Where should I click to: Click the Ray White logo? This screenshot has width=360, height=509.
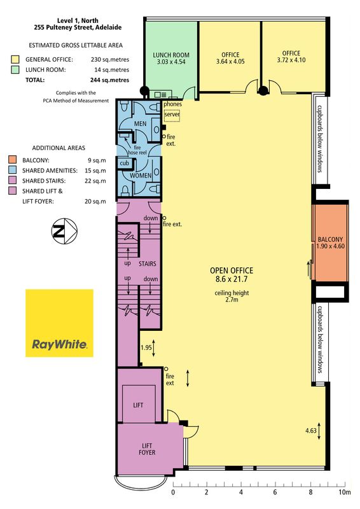coord(59,323)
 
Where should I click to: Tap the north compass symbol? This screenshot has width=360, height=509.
coord(64,231)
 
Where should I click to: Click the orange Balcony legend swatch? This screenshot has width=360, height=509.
coord(12,160)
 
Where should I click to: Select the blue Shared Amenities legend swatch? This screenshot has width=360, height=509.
coord(12,170)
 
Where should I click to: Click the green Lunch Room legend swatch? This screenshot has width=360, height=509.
coord(15,69)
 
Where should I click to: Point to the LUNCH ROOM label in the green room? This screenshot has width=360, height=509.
coord(171,55)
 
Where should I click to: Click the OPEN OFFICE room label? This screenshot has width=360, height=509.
coord(232,270)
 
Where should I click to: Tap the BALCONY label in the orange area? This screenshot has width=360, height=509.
coord(330,239)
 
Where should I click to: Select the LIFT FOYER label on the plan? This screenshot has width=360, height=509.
coord(147,449)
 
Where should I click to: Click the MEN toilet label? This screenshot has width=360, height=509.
coord(140,123)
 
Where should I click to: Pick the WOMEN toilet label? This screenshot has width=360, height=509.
coord(141,176)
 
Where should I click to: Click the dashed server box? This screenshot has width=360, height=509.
coord(172,115)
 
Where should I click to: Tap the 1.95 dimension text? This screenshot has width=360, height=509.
coord(146,347)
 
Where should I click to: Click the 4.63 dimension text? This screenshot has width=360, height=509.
coord(310,431)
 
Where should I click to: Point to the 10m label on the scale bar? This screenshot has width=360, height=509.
coord(345,492)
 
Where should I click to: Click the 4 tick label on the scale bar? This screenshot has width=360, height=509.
coord(241,492)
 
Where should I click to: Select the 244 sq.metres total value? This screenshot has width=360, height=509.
coord(110,80)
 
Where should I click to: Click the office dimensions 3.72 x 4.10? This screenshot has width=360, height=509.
coord(291,60)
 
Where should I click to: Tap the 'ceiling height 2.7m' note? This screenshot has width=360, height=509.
coord(232,296)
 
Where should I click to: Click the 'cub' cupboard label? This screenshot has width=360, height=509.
coord(124,163)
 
